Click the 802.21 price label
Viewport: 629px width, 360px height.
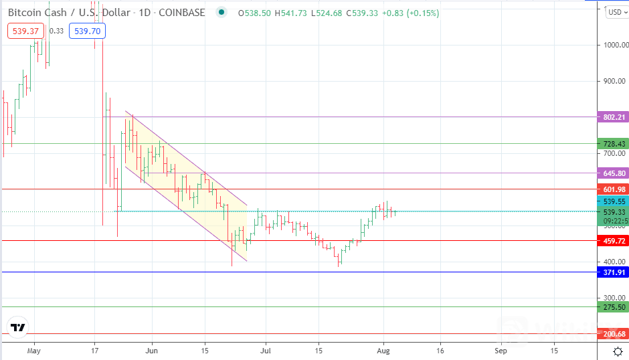614,116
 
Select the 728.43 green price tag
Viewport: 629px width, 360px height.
614,144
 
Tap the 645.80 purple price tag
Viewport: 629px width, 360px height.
614,173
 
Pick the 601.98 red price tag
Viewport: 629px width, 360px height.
614,189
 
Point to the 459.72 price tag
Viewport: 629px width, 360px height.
614,241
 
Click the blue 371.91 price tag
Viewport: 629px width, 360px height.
614,272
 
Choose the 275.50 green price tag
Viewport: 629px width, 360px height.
614,307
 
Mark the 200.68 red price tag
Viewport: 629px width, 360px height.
614,334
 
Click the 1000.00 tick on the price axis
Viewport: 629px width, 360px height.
614,46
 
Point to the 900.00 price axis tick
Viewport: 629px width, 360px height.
614,82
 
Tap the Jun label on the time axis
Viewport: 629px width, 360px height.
152,350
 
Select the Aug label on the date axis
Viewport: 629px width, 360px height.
383,350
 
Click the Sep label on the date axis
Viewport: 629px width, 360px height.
501,350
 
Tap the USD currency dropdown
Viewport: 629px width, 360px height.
614,12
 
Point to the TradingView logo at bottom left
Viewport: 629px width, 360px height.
17,328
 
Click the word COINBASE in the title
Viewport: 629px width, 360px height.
181,13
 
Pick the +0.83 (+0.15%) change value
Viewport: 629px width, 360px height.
410,13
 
